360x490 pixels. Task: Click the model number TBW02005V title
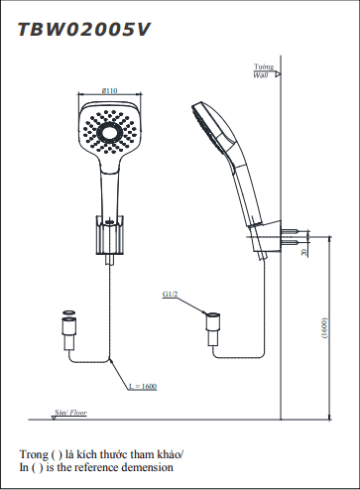click(84, 30)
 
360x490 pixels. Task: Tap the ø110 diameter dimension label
click(109, 90)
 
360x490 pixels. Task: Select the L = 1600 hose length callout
click(143, 386)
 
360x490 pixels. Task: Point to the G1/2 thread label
click(170, 294)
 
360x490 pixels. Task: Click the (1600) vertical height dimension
click(324, 328)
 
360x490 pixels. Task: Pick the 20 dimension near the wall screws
click(304, 253)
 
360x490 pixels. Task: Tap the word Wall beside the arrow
click(261, 75)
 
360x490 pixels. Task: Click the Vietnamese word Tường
click(264, 66)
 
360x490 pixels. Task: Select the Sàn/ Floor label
click(70, 413)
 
